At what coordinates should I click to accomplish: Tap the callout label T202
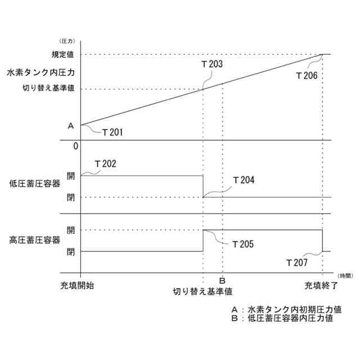point(105,164)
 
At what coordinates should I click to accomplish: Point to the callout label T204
point(244,180)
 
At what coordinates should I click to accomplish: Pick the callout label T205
point(242,244)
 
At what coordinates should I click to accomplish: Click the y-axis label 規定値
point(67,55)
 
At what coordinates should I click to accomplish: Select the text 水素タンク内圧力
point(41,73)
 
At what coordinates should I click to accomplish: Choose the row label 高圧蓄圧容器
point(34,240)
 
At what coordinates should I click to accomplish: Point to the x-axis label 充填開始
point(77,285)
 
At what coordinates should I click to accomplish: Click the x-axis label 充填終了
point(321,285)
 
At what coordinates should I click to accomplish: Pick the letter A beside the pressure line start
point(70,126)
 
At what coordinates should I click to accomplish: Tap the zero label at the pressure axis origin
point(75,146)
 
